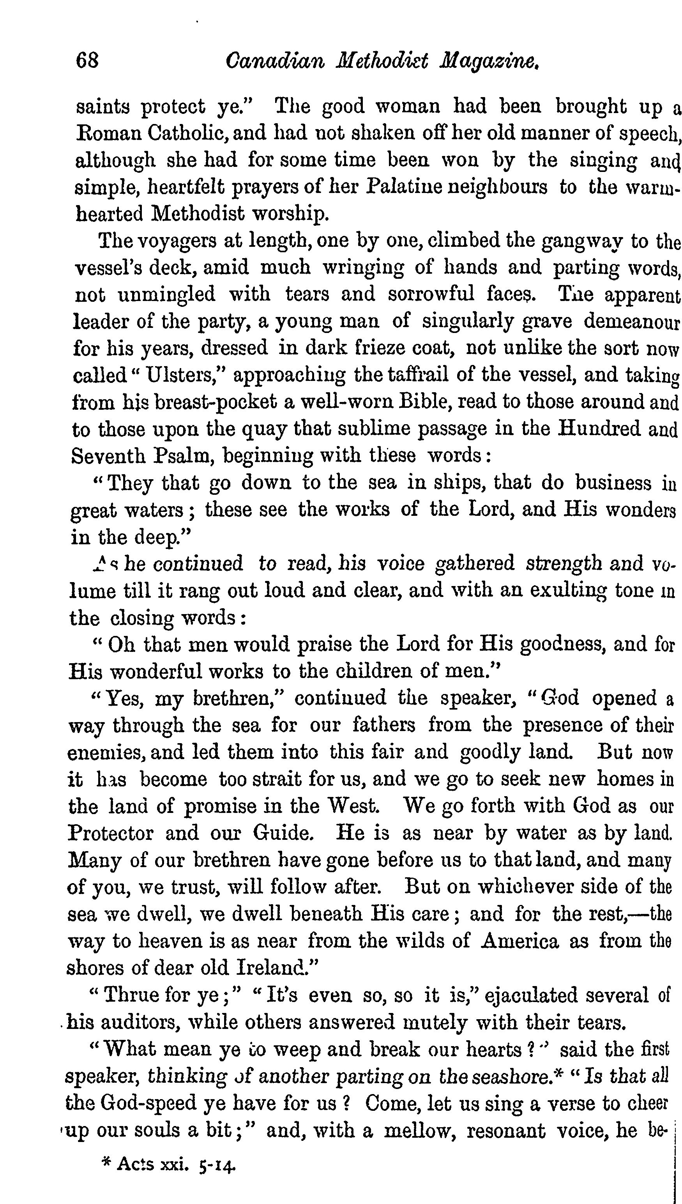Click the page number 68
(x=87, y=61)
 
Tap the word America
(x=520, y=941)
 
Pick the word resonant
(x=506, y=1130)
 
